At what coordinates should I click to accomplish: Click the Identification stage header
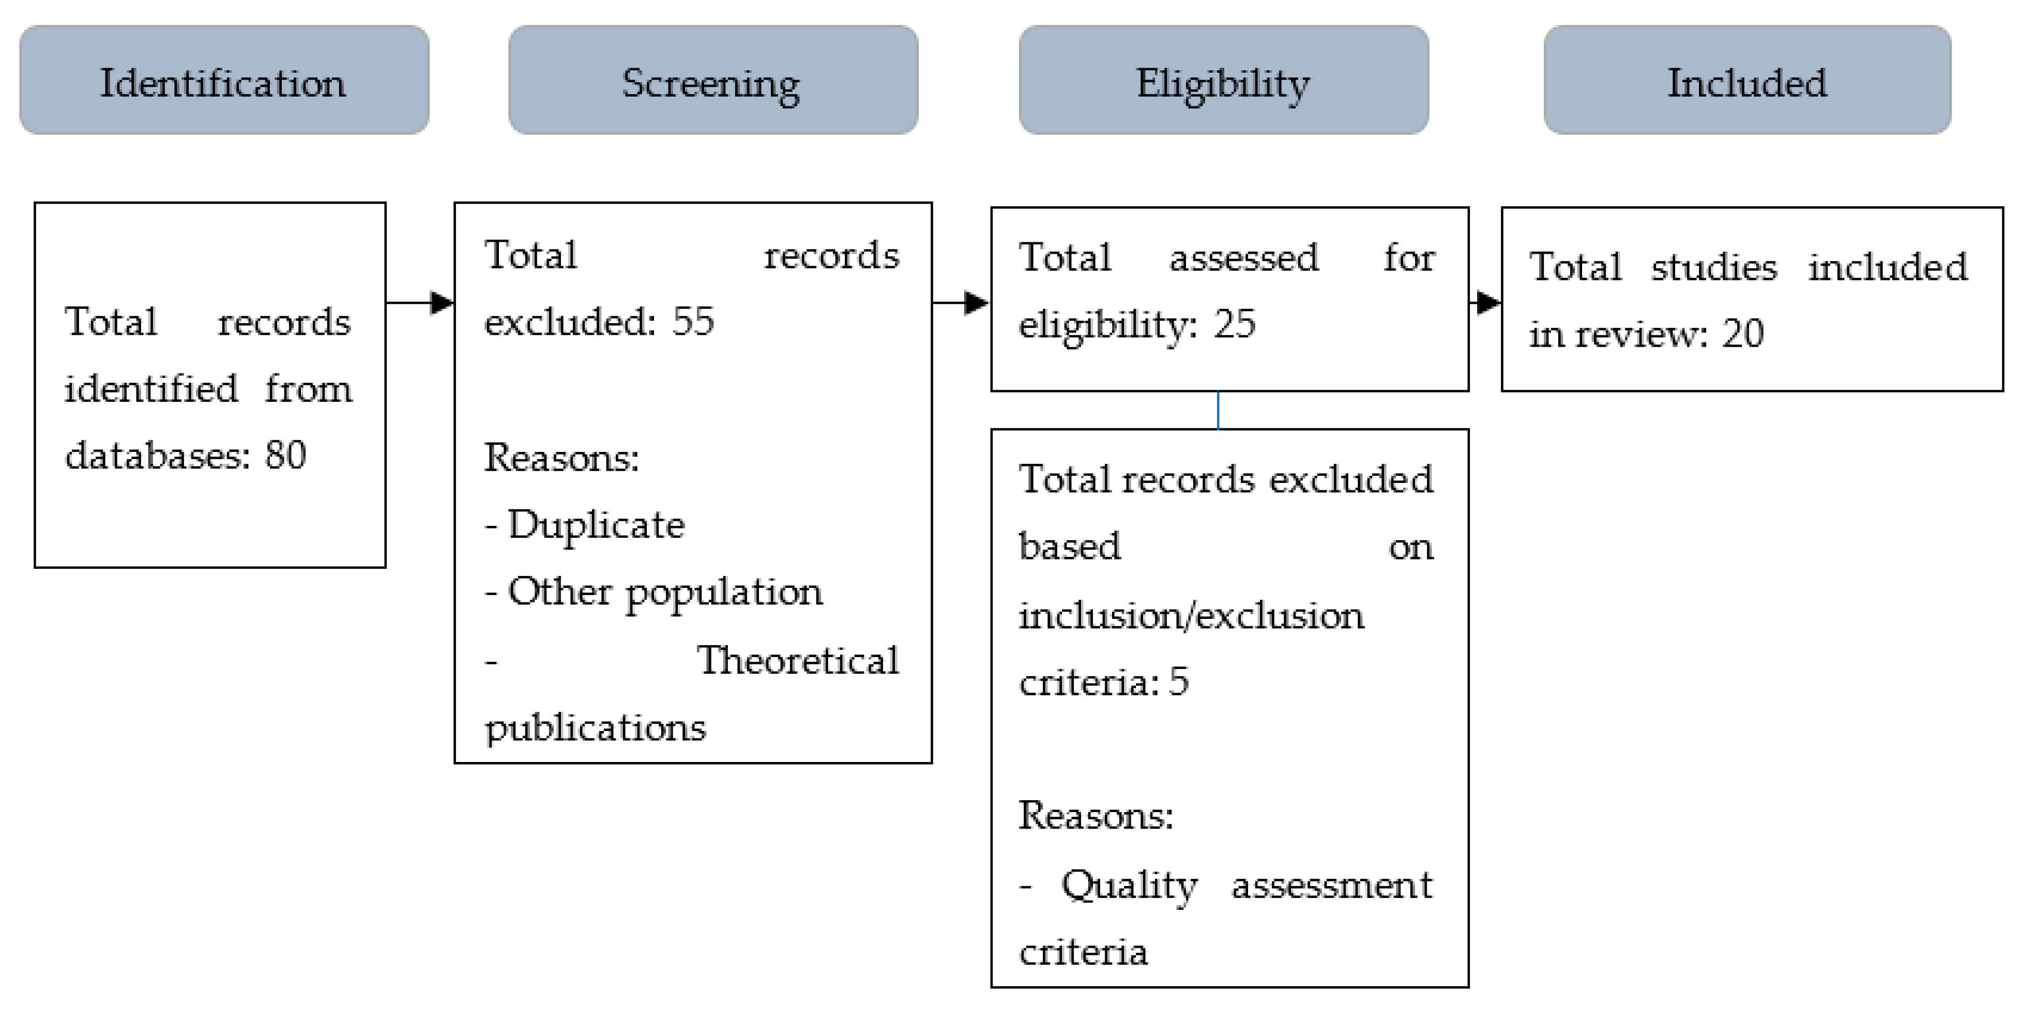pos(224,80)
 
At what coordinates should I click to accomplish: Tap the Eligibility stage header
pos(1223,80)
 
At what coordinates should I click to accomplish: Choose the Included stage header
pos(1746,80)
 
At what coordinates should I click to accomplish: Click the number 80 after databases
pos(285,455)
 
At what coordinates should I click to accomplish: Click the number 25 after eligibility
pos(1234,324)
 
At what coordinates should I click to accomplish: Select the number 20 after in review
pos(1743,333)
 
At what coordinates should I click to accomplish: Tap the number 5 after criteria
pos(1179,681)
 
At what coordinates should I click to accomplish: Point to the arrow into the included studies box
pos(1486,302)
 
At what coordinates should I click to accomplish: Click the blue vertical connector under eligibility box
pos(1218,410)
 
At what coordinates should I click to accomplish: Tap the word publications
pos(595,728)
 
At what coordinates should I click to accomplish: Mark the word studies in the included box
pos(1713,267)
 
